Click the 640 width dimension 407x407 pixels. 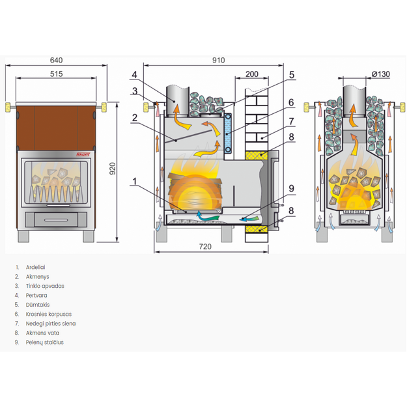tap(56, 60)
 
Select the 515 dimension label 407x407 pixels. tap(56, 74)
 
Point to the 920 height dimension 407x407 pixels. tap(113, 169)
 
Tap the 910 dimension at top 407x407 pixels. tap(218, 60)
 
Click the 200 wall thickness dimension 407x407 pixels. tap(252, 74)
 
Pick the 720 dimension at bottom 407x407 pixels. tap(205, 246)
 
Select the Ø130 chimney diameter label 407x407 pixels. tap(381, 74)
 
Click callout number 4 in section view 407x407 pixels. tap(134, 75)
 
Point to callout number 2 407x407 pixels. tap(134, 118)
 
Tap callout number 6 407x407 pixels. tap(291, 102)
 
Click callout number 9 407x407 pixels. tap(291, 188)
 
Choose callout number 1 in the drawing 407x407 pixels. tap(134, 182)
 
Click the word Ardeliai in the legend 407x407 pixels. tap(36, 267)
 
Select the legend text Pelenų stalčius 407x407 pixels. tap(45, 343)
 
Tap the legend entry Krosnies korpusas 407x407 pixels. tap(49, 314)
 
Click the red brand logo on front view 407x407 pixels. tap(83, 154)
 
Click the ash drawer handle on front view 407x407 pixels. tap(56, 220)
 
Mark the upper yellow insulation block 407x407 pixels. tap(257, 155)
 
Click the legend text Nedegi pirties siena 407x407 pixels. tap(51, 324)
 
